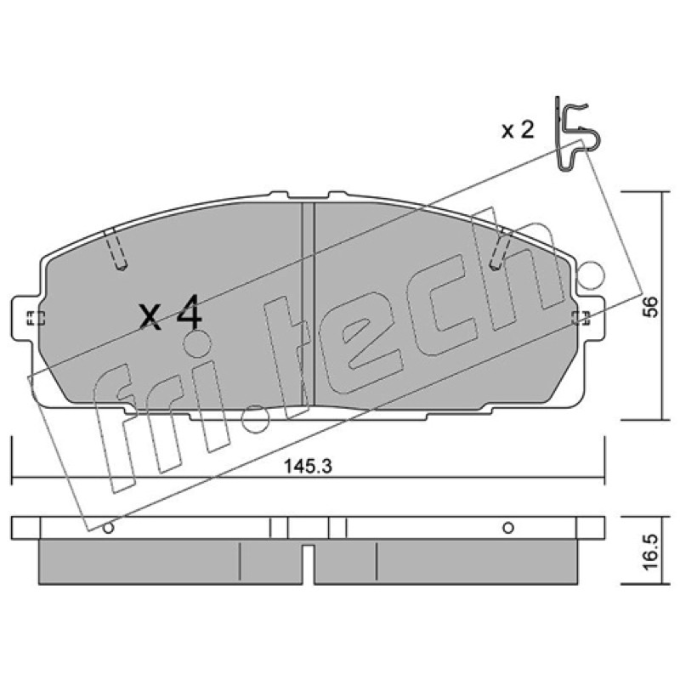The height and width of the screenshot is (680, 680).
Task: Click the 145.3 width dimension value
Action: [x=308, y=467]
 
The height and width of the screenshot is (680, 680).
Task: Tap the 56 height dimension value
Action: [x=651, y=307]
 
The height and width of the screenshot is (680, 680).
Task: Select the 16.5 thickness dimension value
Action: [x=651, y=552]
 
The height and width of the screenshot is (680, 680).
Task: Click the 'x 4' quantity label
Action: [x=171, y=313]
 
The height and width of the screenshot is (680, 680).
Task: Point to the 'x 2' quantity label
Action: [x=518, y=130]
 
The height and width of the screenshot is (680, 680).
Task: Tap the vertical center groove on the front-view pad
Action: [x=308, y=303]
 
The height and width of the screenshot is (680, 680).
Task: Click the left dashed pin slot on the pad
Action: [x=116, y=249]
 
